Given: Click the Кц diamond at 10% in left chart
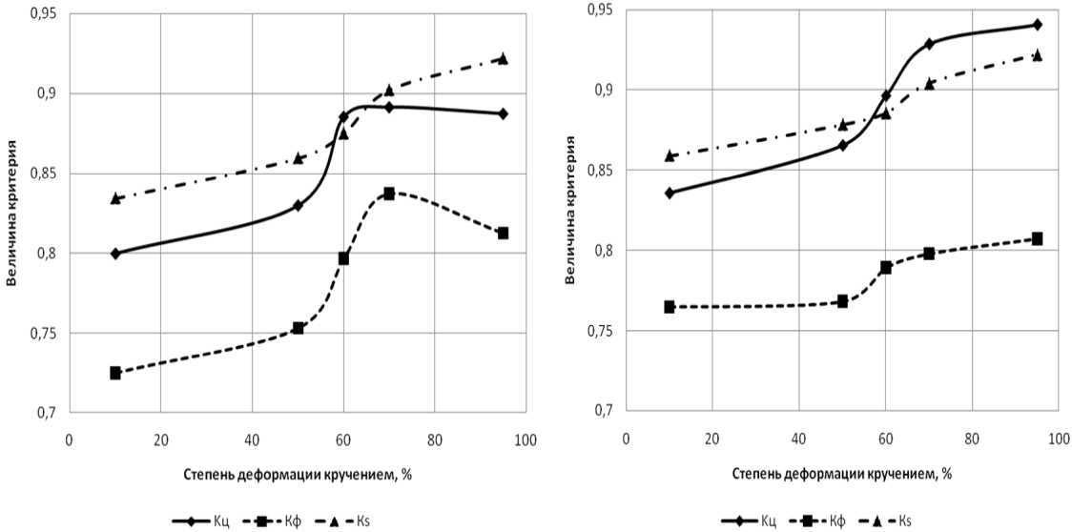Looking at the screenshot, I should click(x=115, y=254).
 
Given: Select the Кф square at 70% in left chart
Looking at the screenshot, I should click(x=389, y=194).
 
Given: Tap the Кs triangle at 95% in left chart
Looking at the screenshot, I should click(x=503, y=59).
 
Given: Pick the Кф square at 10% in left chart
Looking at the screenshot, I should click(x=115, y=373).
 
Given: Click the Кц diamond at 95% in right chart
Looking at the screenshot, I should click(x=1037, y=25).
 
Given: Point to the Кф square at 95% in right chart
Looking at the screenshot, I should click(x=1037, y=238).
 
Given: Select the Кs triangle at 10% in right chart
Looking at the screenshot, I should click(x=670, y=155).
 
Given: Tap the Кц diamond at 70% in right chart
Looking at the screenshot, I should click(x=929, y=44).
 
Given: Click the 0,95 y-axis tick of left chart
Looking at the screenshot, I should click(x=42, y=14).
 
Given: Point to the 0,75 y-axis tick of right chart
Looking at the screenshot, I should click(x=598, y=331).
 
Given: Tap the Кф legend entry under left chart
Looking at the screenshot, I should click(x=270, y=521).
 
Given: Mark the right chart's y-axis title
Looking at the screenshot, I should click(x=570, y=210).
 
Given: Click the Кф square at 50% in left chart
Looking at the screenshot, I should click(x=298, y=328).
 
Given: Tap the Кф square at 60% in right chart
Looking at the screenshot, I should click(x=886, y=268).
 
